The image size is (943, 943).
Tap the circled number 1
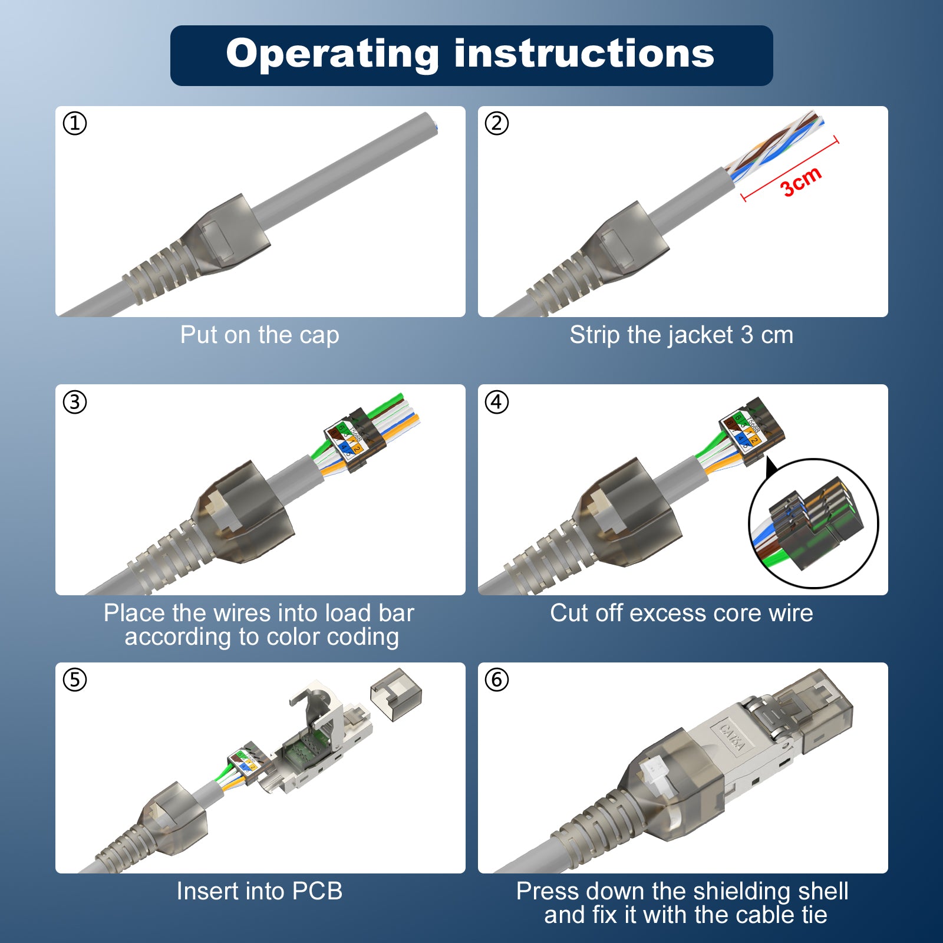click(75, 124)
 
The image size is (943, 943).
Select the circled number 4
click(497, 402)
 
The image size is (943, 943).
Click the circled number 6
click(497, 680)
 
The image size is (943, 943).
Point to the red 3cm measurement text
click(800, 182)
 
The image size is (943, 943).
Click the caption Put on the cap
click(259, 335)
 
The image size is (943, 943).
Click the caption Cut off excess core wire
click(681, 613)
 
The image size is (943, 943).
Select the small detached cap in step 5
click(396, 694)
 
